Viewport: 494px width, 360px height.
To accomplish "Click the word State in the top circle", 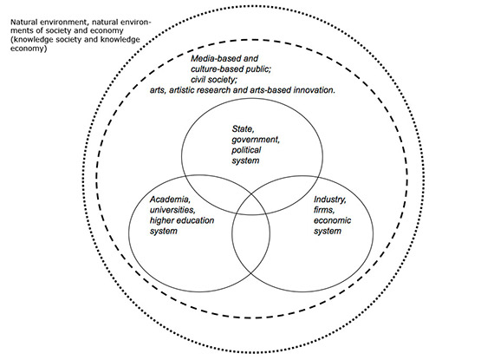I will [x=244, y=128].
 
